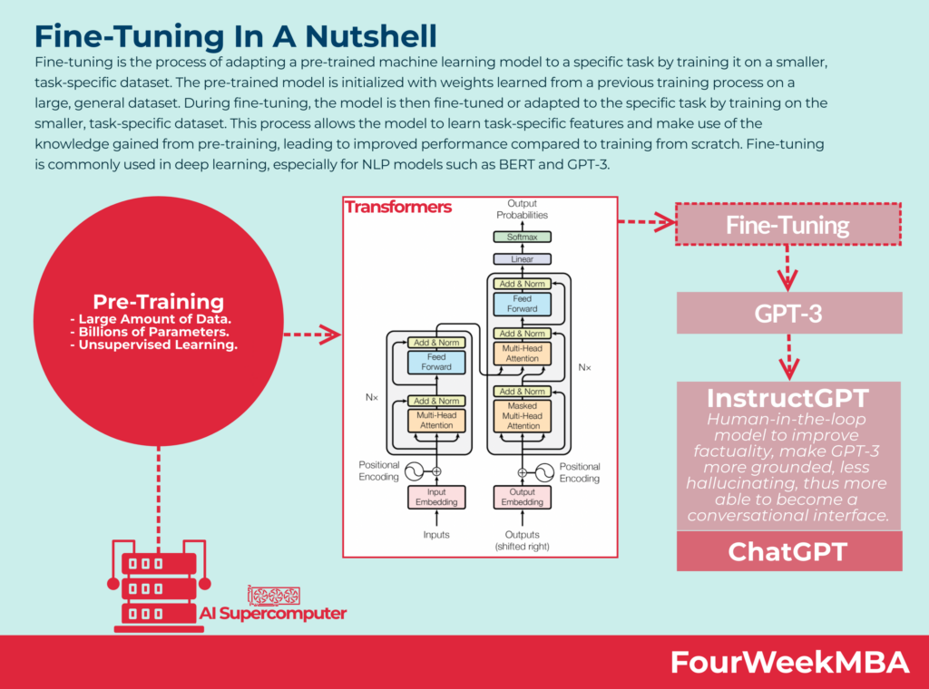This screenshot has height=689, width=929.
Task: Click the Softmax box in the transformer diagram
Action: (522, 238)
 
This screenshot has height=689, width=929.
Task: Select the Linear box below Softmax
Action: (522, 259)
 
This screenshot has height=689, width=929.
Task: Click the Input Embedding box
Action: (436, 497)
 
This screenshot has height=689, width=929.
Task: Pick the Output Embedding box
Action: (522, 497)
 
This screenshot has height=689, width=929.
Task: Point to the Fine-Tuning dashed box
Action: (787, 225)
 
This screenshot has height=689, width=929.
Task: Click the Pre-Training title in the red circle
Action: (159, 302)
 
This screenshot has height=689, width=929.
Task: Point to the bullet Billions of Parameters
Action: (159, 331)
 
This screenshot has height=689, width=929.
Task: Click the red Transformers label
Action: (398, 208)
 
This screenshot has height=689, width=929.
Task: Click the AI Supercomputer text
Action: (273, 614)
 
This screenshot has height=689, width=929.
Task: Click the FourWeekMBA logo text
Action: (789, 662)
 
